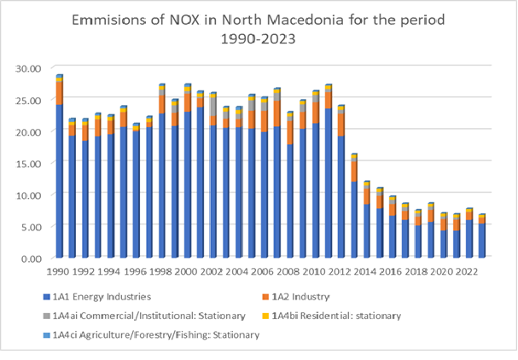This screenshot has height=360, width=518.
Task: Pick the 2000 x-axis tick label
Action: [x=188, y=272]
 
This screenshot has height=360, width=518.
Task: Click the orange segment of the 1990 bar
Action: [x=60, y=91]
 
